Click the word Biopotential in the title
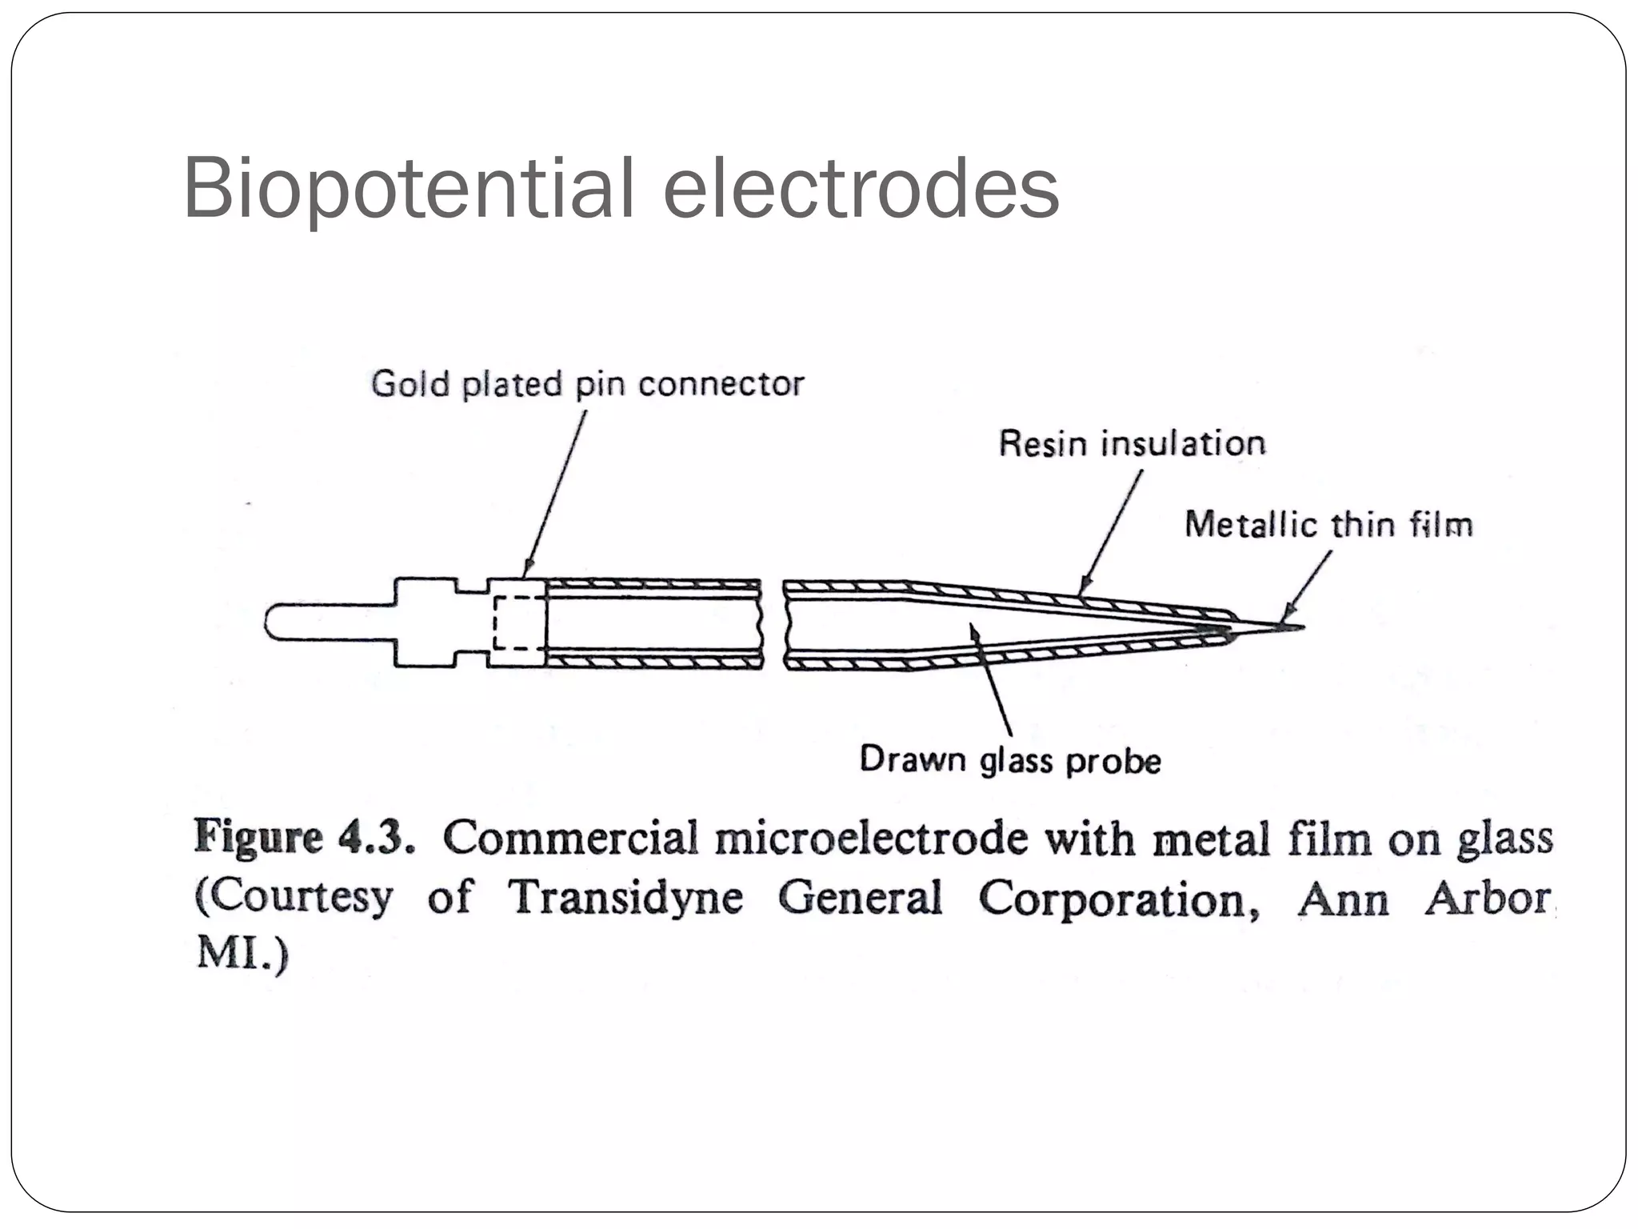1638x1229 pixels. tap(408, 190)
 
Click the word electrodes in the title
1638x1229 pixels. tap(861, 190)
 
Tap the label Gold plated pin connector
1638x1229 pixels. tap(587, 384)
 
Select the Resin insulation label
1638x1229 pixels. tap(1132, 444)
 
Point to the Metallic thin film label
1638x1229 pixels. tap(1328, 525)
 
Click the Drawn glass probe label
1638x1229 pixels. tap(1009, 759)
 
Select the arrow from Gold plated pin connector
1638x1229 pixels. tap(556, 492)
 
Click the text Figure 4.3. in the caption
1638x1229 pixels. tap(305, 838)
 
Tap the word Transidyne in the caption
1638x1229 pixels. tap(625, 898)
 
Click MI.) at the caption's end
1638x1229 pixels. tap(242, 954)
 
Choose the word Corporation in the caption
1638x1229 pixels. tap(1118, 899)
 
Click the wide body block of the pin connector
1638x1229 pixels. tap(425, 623)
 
